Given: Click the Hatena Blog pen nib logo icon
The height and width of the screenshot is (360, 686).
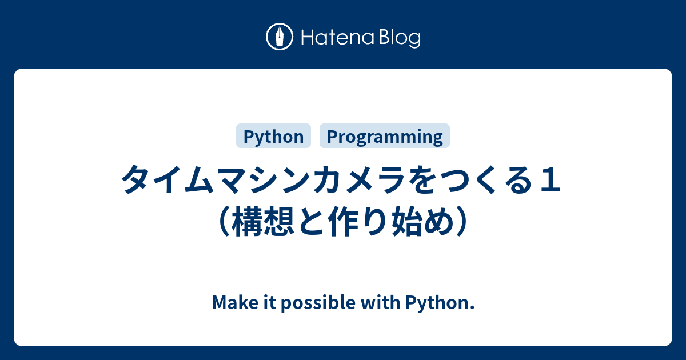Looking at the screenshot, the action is [x=280, y=37].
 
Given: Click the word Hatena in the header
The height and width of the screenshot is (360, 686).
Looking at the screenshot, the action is [x=338, y=37].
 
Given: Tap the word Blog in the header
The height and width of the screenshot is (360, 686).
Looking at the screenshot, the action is [x=400, y=38].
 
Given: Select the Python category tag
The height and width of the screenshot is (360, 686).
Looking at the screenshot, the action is [x=273, y=136].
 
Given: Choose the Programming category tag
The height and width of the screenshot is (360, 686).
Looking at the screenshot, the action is [x=385, y=136].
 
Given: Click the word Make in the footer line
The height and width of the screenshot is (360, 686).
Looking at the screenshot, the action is [x=235, y=302].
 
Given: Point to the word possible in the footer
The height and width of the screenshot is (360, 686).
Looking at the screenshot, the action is [x=318, y=303].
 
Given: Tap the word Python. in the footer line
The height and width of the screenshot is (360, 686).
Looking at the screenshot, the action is [x=440, y=303].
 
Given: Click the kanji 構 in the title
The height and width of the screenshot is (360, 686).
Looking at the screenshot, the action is [x=247, y=221].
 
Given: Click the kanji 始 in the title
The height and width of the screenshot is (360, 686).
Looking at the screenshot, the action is [x=407, y=221].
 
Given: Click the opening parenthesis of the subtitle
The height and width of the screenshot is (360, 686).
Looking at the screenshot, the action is [x=225, y=221].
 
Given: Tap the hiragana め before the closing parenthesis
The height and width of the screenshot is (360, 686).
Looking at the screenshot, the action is [x=439, y=221].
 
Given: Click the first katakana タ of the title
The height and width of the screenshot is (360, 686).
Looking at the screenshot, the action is [x=136, y=179].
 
